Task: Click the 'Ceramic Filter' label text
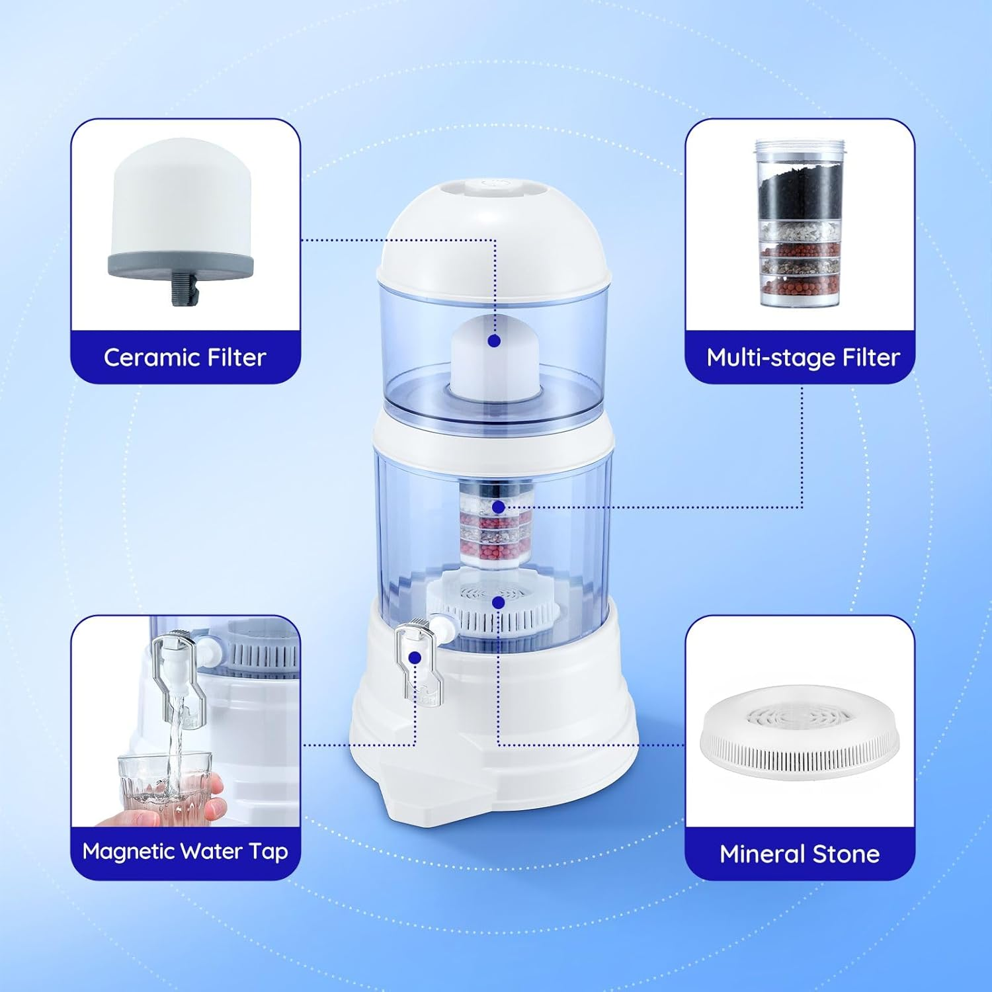pyautogui.click(x=185, y=358)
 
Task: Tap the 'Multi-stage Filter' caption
pyautogui.click(x=803, y=358)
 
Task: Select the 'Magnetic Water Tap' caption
pyautogui.click(x=185, y=851)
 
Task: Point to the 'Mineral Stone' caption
pyautogui.click(x=800, y=854)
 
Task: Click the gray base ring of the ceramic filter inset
pyautogui.click(x=181, y=264)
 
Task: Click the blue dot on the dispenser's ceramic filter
pyautogui.click(x=493, y=341)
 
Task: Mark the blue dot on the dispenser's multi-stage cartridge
pyautogui.click(x=499, y=507)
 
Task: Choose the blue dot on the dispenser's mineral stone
pyautogui.click(x=499, y=602)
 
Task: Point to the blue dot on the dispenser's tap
pyautogui.click(x=415, y=657)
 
